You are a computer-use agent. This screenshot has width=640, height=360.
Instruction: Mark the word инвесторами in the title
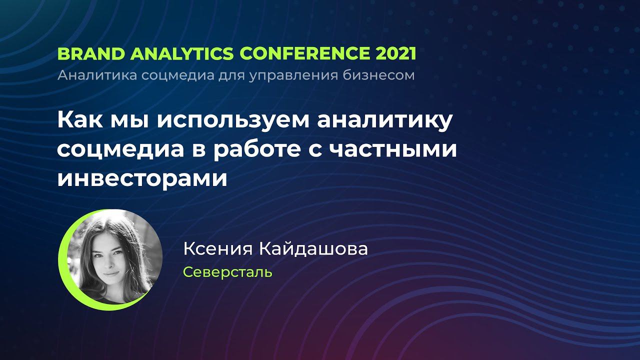click(142, 178)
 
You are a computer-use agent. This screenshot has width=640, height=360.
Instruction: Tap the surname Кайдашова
click(312, 249)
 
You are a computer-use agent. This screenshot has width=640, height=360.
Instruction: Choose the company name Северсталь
click(227, 272)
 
